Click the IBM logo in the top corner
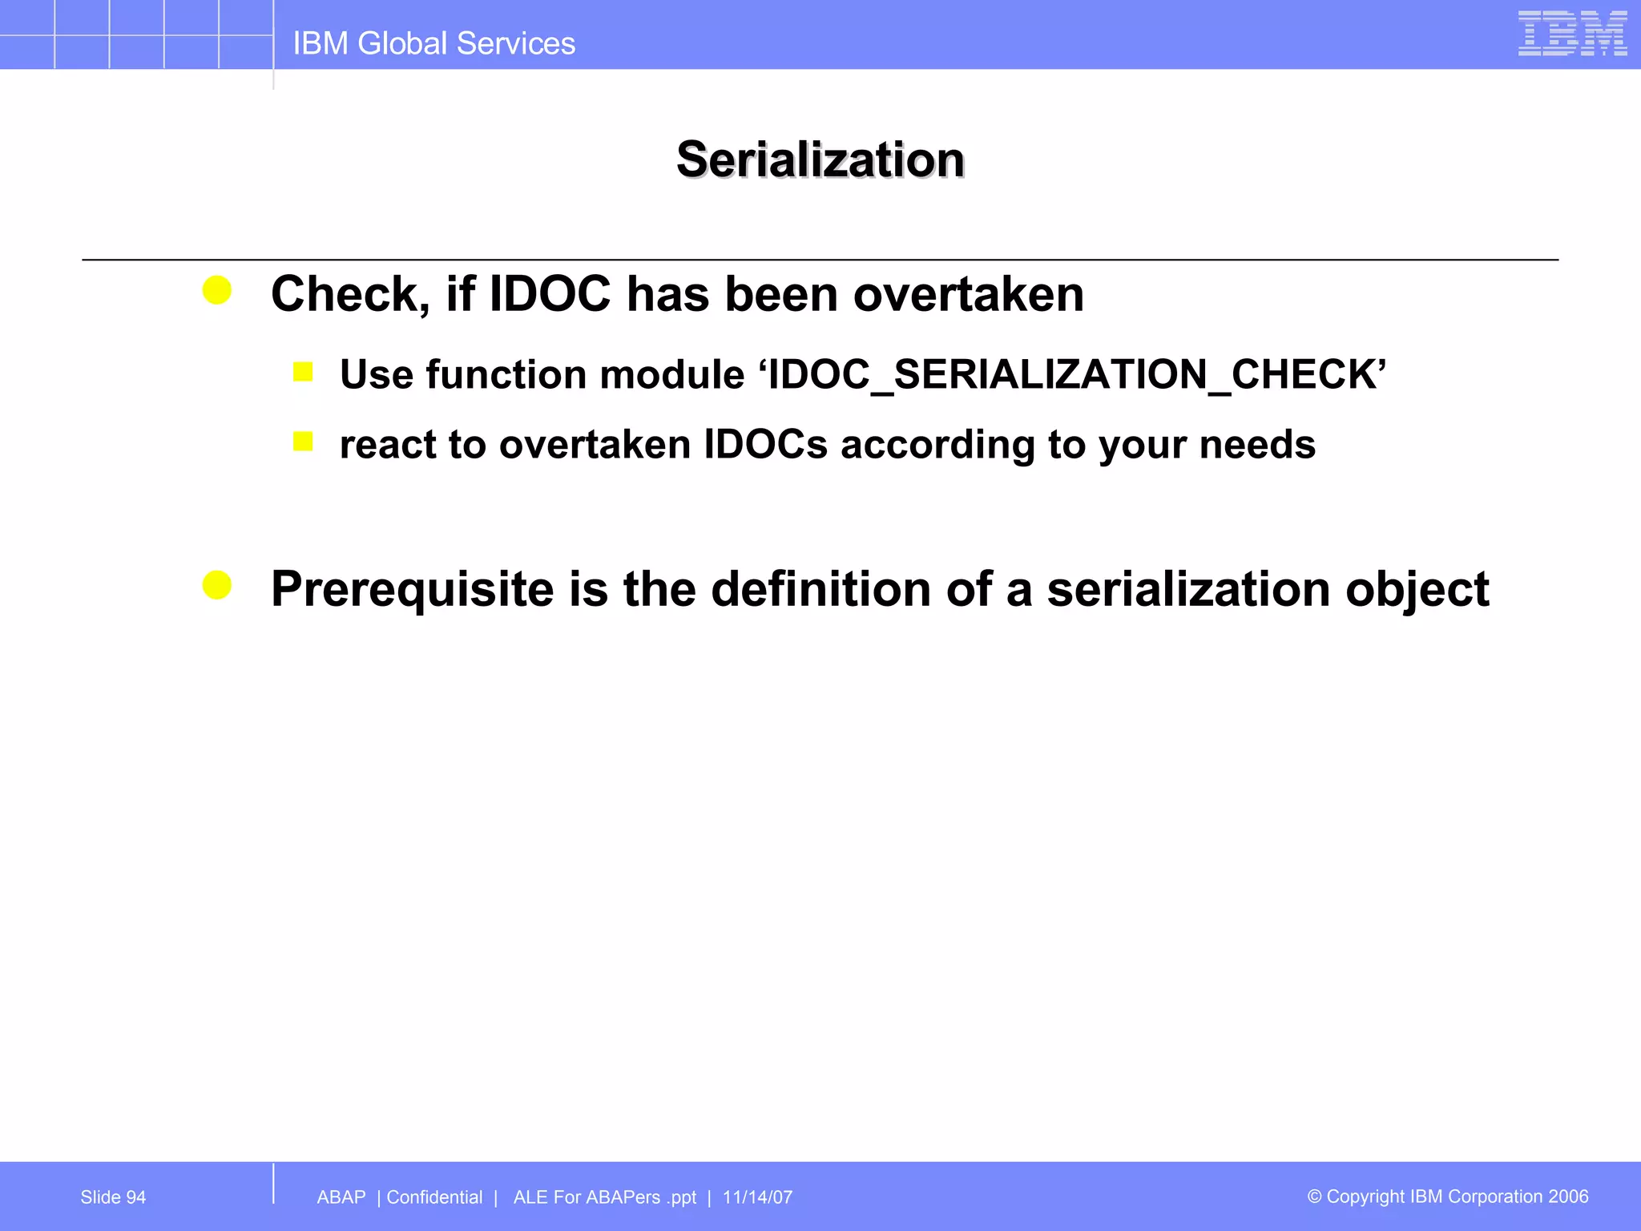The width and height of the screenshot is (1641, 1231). pos(1571,34)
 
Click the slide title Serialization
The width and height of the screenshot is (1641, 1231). pos(820,159)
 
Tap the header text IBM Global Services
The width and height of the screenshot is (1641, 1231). pos(433,43)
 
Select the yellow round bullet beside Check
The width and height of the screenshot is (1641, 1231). pos(217,290)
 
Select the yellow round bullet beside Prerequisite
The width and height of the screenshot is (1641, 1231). pos(217,585)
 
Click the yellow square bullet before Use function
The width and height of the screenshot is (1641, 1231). pos(303,372)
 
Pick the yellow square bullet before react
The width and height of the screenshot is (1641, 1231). pos(303,442)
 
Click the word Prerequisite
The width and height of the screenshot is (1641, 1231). pos(412,589)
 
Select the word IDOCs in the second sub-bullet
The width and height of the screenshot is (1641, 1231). pos(765,445)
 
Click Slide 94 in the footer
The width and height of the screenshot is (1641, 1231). pos(113,1197)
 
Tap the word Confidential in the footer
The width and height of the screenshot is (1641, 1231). pos(434,1197)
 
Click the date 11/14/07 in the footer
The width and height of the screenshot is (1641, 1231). pos(757,1197)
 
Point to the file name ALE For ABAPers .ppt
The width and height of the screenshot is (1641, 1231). pos(604,1197)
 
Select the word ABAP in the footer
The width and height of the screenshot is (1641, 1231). pos(341,1197)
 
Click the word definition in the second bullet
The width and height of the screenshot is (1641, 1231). pos(820,589)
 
